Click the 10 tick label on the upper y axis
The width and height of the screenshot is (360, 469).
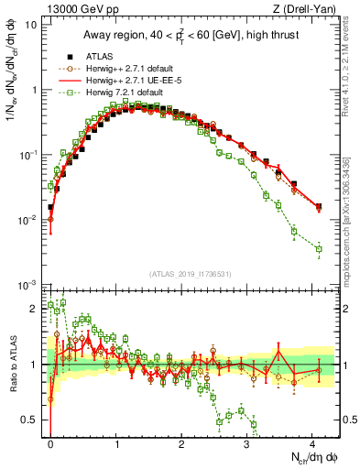click(31, 25)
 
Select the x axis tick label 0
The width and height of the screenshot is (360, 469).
click(50, 442)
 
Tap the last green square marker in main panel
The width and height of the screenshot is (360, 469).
click(319, 248)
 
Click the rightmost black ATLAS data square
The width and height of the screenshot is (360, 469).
click(319, 206)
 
